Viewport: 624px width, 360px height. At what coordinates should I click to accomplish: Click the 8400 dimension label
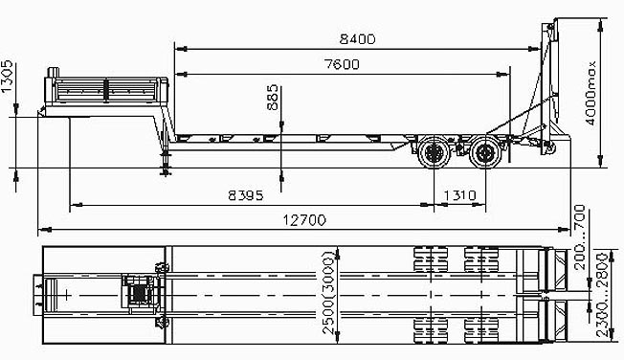point(357,39)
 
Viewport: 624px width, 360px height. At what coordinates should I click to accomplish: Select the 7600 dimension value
point(343,64)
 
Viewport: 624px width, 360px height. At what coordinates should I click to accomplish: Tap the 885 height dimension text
point(273,97)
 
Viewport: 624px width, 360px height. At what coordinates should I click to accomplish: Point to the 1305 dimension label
point(7,77)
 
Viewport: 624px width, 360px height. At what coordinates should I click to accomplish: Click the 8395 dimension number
point(246,195)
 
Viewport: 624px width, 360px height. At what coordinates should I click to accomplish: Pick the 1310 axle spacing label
point(459,195)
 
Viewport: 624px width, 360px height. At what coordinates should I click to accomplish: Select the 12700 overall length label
point(304,220)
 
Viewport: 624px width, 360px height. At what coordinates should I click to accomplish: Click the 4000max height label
point(591,93)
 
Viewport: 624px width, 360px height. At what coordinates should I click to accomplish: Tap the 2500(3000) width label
point(328,293)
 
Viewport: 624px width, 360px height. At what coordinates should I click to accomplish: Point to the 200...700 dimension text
point(581,236)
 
